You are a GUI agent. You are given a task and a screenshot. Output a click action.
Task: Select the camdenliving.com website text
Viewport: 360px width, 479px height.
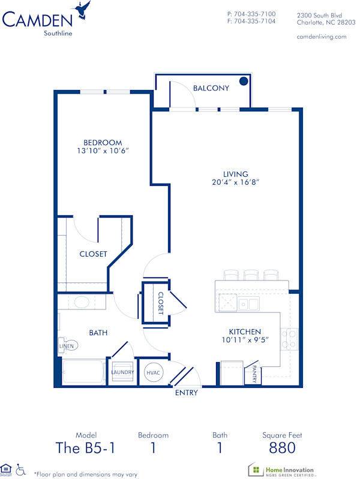coord(322,37)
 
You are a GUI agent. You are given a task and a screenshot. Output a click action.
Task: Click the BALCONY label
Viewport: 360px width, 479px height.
coord(211,88)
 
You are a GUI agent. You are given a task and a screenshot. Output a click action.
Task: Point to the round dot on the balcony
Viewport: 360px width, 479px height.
coord(244,81)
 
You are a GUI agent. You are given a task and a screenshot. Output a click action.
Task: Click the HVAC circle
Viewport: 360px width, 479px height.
coord(152,372)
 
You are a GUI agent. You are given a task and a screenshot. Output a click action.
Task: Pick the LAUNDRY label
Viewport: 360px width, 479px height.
coord(122,372)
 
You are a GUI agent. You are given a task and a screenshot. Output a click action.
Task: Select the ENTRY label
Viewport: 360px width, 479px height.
coord(186,393)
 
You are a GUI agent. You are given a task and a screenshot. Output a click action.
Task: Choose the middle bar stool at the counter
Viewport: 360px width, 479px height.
coord(251,275)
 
